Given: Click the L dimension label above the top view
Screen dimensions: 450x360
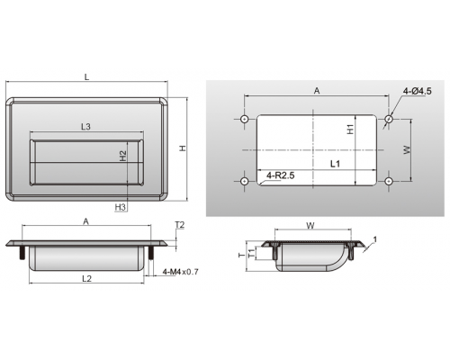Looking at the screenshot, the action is (86, 76).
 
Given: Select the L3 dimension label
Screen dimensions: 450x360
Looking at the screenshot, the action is (85, 127).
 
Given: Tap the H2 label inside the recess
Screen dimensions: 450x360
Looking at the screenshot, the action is (123, 156).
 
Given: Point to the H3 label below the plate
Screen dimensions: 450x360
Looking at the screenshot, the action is (121, 207).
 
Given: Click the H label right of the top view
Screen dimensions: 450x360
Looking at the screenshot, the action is (183, 148).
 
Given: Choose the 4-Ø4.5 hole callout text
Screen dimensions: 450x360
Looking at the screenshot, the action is (418, 91).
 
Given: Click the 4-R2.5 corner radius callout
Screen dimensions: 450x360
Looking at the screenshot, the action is (281, 175).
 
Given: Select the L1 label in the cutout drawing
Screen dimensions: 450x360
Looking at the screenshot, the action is (335, 164).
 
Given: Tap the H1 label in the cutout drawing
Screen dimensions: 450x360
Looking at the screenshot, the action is (350, 130).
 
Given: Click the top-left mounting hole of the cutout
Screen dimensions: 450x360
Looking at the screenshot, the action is (245, 119).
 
